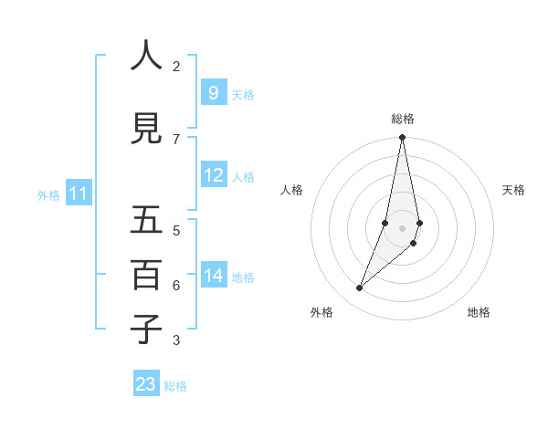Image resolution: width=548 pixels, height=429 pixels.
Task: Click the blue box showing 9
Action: coord(213,93)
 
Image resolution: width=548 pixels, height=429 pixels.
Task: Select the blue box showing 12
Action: coord(213,175)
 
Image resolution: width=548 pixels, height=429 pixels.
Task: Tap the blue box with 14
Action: coord(213,276)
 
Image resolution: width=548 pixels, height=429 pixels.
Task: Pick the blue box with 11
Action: coord(78,194)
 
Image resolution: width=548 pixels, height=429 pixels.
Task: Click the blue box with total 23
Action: coord(145,384)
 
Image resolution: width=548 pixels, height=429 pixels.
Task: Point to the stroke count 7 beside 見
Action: coord(176,139)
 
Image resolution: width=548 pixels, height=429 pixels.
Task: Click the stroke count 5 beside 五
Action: coord(176,230)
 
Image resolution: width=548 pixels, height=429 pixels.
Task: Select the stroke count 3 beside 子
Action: coord(176,340)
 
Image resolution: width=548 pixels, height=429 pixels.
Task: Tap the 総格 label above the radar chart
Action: coord(402,119)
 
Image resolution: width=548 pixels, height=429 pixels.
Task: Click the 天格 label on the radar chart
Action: coord(513,190)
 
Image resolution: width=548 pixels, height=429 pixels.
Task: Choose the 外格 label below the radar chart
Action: coord(321,312)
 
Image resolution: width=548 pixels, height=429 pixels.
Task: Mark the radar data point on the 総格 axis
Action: coord(402,137)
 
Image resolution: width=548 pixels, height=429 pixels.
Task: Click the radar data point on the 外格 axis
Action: coord(359,288)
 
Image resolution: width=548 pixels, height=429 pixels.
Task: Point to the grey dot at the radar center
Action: coord(402,228)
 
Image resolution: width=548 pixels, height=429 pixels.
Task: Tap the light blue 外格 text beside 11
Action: coord(48,194)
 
